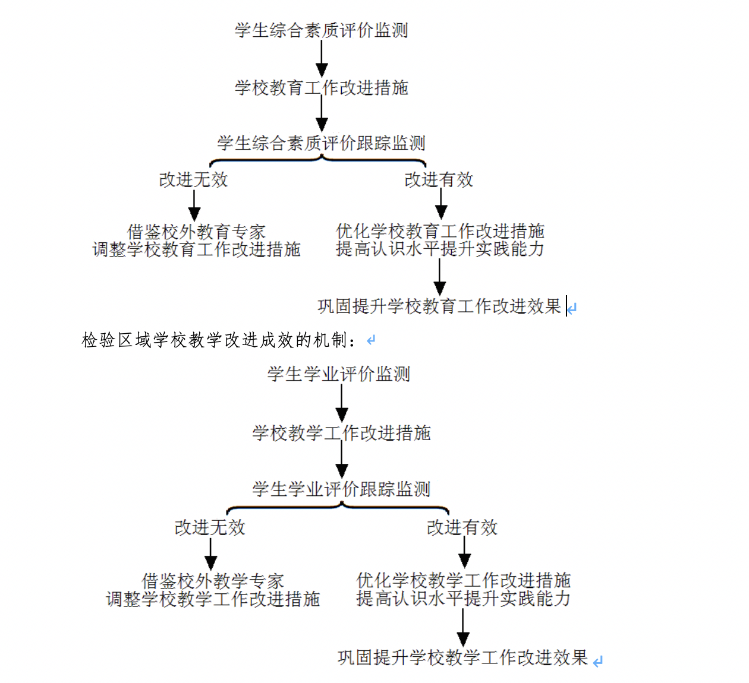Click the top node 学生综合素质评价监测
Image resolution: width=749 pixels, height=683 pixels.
tap(321, 30)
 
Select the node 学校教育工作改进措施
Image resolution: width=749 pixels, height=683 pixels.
tap(322, 88)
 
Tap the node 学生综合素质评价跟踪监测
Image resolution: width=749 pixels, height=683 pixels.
tap(321, 143)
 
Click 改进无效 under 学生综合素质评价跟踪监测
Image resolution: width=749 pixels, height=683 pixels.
tap(193, 179)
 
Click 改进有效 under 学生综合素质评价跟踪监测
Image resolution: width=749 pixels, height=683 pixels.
tap(439, 179)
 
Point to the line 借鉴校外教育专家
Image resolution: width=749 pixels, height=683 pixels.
tap(196, 232)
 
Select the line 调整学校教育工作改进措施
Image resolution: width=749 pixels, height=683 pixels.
tap(196, 249)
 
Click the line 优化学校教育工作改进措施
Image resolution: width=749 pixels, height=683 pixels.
tap(440, 231)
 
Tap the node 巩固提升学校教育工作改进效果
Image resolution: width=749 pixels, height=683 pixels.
tap(439, 306)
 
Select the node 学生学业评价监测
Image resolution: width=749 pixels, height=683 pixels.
tap(339, 374)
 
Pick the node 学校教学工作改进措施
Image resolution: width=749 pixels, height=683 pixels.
tap(341, 433)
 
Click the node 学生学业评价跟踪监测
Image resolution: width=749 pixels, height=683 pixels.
tap(341, 489)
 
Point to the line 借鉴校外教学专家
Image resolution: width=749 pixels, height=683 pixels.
tap(213, 581)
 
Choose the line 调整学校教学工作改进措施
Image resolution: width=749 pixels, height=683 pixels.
tap(213, 599)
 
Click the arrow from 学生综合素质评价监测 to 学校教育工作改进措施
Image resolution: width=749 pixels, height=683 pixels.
tap(322, 59)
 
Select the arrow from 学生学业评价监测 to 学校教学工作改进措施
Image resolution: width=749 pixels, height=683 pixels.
tap(342, 403)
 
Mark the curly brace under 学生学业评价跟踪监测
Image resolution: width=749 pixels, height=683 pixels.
tap(338, 508)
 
